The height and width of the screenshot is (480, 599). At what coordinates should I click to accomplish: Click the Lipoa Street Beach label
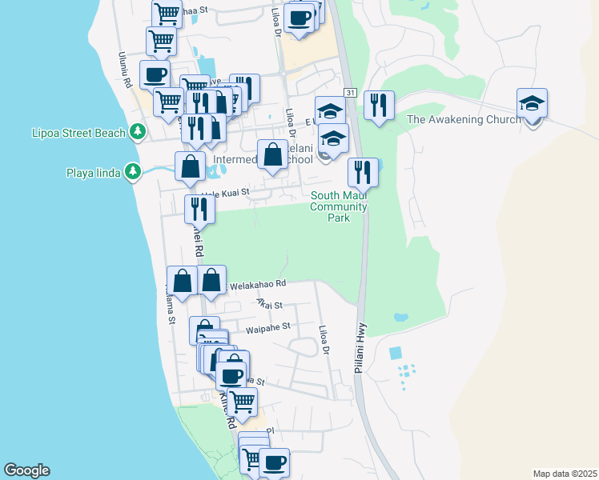click(x=79, y=132)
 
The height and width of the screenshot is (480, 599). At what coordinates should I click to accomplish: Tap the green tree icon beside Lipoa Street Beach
click(x=139, y=131)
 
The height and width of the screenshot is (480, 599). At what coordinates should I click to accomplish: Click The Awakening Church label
click(x=464, y=120)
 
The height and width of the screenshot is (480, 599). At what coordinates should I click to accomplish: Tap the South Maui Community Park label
click(x=339, y=206)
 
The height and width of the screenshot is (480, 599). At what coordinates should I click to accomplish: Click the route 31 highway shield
click(x=351, y=94)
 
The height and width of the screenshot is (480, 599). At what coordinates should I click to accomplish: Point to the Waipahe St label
click(x=267, y=327)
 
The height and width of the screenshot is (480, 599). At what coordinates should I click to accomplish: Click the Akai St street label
click(x=270, y=304)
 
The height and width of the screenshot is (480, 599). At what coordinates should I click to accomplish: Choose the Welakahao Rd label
click(x=257, y=284)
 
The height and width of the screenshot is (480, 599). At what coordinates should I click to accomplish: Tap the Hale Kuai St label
click(x=226, y=192)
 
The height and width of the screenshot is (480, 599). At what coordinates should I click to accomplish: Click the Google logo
click(x=26, y=470)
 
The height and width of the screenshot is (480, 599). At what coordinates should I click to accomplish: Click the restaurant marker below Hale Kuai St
click(x=199, y=209)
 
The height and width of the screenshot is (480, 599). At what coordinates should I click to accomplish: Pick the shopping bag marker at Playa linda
click(x=190, y=166)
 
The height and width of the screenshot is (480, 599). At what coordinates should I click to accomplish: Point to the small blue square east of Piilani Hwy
click(x=395, y=353)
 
